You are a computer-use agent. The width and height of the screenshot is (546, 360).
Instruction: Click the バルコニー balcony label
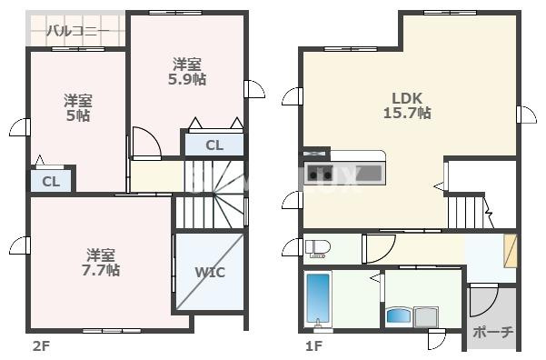[78, 31]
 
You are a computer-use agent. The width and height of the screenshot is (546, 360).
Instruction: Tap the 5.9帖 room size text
[187, 79]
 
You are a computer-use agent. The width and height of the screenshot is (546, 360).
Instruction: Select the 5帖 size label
[78, 115]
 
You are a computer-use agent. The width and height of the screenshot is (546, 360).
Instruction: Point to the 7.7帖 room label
[101, 270]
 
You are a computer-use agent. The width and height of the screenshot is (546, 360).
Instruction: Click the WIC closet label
[210, 272]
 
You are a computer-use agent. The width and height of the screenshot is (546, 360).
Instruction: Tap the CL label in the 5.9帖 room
[214, 145]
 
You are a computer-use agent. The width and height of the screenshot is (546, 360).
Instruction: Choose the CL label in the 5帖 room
[51, 182]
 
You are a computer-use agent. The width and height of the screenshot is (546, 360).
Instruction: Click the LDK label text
[407, 98]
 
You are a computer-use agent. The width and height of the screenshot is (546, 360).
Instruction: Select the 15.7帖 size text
[407, 113]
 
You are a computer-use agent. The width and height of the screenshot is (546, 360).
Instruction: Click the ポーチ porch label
[492, 332]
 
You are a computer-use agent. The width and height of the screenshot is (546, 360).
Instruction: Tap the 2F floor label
[42, 346]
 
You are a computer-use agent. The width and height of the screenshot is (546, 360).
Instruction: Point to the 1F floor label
[313, 346]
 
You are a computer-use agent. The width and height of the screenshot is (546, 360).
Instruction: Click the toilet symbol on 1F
[318, 248]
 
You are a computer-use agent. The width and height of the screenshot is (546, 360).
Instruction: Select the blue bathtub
[318, 299]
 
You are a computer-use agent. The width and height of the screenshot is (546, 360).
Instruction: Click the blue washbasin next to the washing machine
[400, 315]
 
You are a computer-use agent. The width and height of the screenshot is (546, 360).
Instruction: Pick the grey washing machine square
[426, 316]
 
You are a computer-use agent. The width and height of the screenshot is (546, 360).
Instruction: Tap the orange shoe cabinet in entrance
[511, 251]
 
